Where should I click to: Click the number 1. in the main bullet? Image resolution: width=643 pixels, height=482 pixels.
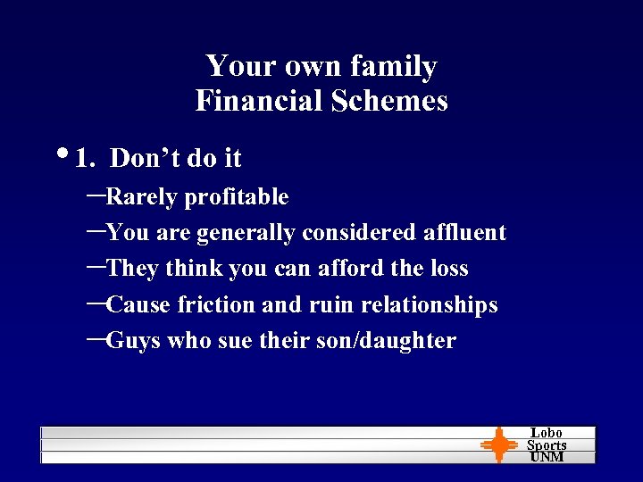tap(87, 159)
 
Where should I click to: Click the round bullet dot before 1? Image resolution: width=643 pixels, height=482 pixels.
tap(68, 154)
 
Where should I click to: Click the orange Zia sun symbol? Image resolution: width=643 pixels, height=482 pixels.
tap(498, 445)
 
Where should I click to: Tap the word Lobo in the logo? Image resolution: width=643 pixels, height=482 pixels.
tap(547, 433)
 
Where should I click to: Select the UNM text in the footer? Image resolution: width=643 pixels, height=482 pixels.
tap(547, 456)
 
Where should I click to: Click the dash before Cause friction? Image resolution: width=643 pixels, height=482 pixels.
tap(97, 303)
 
